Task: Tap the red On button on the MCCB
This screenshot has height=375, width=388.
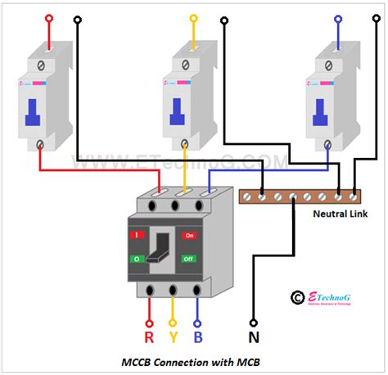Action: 191,235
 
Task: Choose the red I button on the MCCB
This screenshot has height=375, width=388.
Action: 137,235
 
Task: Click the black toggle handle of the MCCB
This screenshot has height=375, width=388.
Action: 163,246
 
